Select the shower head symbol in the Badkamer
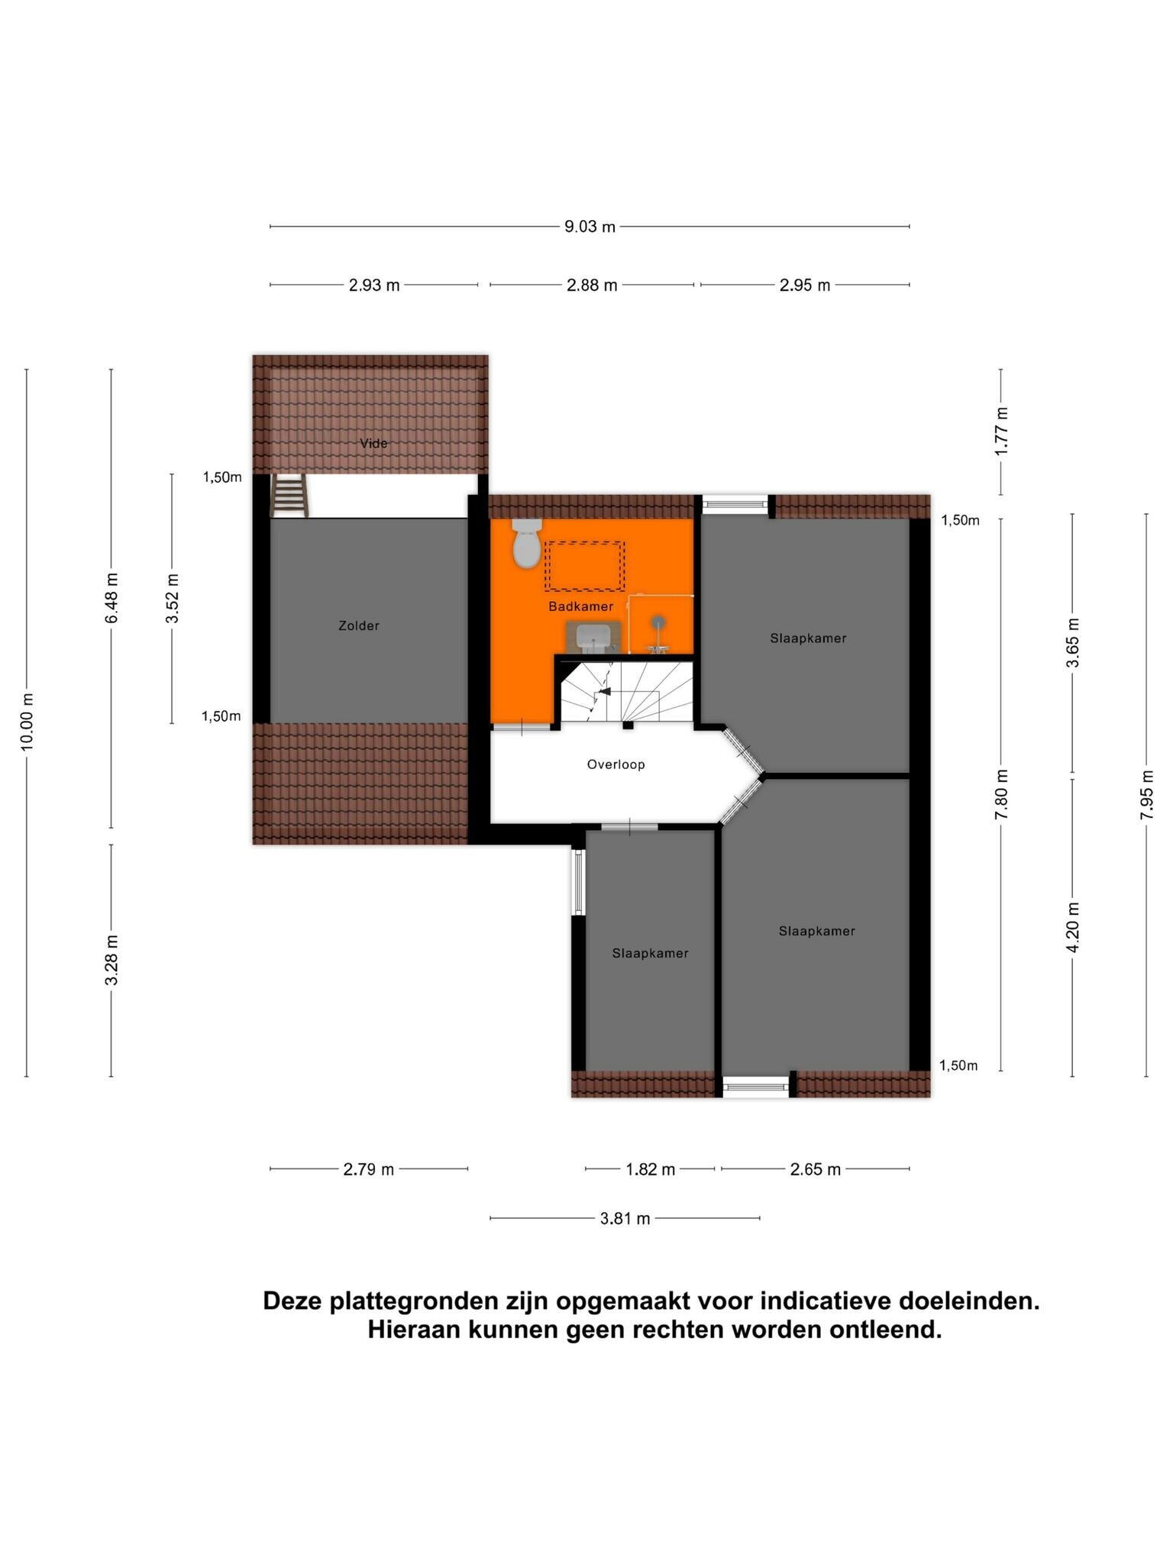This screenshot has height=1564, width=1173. pos(658,622)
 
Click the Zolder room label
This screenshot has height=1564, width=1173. pos(359,626)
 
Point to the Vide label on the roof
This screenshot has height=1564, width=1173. pos(373,444)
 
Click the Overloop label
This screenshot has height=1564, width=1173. pos(616,764)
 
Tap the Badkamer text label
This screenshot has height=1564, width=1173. pos(580,606)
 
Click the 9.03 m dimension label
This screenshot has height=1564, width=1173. pos(590,227)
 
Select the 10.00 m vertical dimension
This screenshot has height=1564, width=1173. pos(27,722)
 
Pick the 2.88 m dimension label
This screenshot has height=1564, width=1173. pos(592,286)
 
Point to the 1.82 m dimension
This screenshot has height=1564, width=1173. pos(650,1169)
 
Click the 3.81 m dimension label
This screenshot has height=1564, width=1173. pos(625,1219)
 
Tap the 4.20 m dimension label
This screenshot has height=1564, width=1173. pos(1073,927)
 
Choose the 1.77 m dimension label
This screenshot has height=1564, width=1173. pos(1001,431)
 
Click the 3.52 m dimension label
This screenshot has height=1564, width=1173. pos(172,598)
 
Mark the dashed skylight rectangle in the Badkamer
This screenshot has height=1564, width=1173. pos(584,566)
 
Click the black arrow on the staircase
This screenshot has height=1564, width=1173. pos(605,691)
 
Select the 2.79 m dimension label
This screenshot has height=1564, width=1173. pos(368,1169)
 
